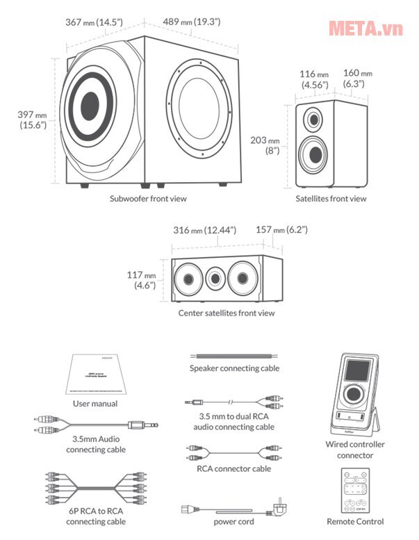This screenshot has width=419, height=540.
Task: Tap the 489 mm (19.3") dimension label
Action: click(192, 22)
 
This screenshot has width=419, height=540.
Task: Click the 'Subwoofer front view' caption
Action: click(148, 198)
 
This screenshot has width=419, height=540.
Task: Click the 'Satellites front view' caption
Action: click(329, 199)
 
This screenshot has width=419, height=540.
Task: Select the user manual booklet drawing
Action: click(95, 375)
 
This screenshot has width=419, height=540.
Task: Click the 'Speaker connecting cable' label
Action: click(234, 368)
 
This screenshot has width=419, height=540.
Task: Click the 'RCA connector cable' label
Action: click(233, 468)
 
